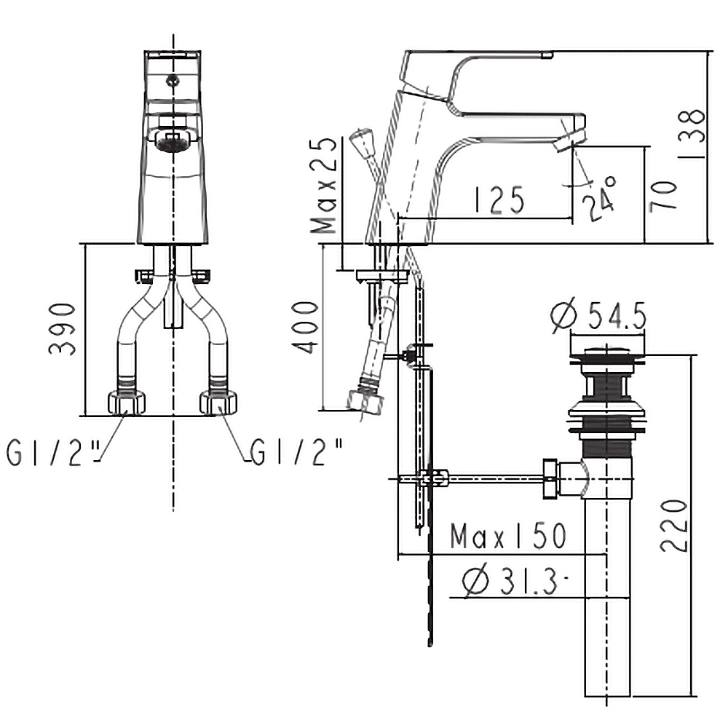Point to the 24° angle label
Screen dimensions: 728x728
599,199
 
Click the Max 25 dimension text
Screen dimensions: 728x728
324,186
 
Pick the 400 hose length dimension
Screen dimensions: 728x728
305,328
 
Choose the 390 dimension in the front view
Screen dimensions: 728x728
62,329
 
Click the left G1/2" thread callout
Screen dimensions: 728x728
53,452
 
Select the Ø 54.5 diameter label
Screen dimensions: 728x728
599,316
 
